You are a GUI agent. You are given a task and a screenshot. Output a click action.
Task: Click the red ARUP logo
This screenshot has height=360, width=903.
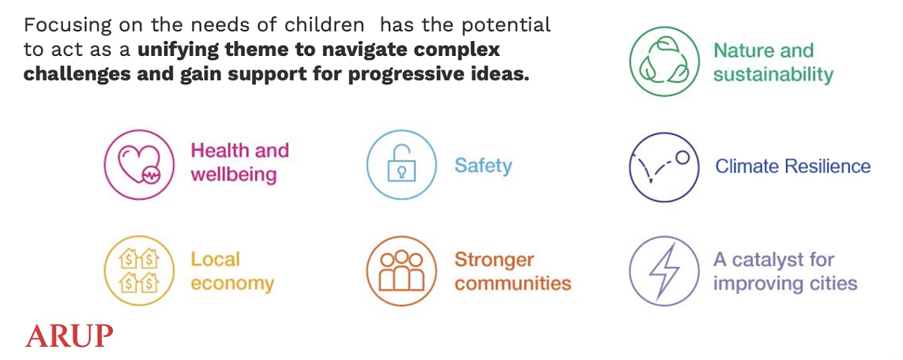(x=69, y=335)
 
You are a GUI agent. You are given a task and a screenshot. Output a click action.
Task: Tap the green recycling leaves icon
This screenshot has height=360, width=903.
(x=664, y=62)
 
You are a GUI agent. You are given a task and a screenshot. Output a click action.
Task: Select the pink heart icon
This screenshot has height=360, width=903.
(x=139, y=164)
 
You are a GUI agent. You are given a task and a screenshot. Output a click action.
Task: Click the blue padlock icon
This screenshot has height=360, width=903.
(x=401, y=164)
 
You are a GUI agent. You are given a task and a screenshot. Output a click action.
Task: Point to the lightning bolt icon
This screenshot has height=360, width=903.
(x=664, y=271)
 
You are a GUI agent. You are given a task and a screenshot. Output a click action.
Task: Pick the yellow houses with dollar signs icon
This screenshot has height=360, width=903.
(x=139, y=270)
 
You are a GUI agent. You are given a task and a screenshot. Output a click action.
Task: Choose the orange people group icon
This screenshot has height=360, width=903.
(x=401, y=271)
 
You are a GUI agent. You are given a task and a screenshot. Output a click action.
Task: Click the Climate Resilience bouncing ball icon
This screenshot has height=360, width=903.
(x=664, y=167)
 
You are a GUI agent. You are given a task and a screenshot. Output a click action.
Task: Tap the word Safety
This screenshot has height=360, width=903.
(x=483, y=166)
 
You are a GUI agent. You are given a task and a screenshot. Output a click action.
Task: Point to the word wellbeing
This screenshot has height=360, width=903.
(x=234, y=174)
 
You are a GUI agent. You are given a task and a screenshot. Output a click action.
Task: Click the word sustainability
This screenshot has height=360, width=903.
(x=773, y=75)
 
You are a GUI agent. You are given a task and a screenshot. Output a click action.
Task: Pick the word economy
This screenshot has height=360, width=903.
(x=233, y=283)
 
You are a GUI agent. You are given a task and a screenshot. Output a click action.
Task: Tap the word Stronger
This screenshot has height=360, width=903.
(x=494, y=260)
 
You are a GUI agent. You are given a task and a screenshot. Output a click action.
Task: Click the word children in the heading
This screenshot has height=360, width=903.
(x=325, y=25)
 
